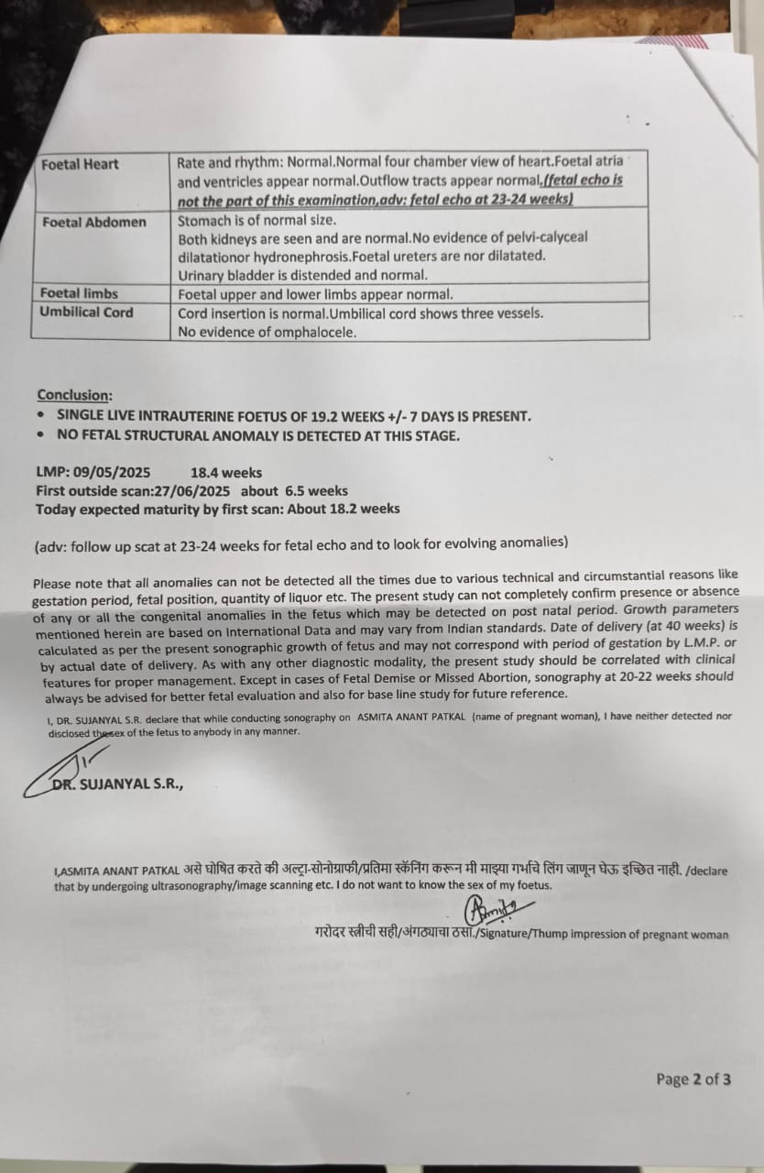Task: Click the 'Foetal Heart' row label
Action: pyautogui.click(x=80, y=165)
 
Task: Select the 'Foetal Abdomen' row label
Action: pyautogui.click(x=93, y=222)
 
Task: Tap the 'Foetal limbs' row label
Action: pyautogui.click(x=80, y=293)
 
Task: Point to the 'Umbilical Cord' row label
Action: pyautogui.click(x=86, y=312)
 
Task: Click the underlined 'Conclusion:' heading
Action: pyautogui.click(x=74, y=395)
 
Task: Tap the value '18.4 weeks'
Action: pyautogui.click(x=225, y=474)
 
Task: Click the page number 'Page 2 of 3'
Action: pyautogui.click(x=693, y=1079)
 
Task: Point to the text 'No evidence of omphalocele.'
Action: pyautogui.click(x=267, y=333)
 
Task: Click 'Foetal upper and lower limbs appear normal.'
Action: pyautogui.click(x=315, y=294)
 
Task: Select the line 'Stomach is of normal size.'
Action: pyautogui.click(x=257, y=221)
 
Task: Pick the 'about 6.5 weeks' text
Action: pyautogui.click(x=294, y=491)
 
